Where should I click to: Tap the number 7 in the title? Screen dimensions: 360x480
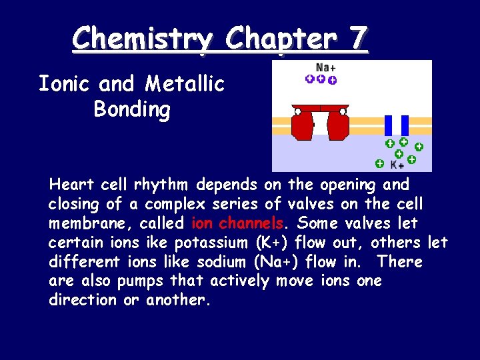[357, 38]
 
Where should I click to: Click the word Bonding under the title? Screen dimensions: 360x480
[132, 108]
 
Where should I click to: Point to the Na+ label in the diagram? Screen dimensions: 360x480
[325, 67]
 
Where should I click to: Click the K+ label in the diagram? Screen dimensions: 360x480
[397, 164]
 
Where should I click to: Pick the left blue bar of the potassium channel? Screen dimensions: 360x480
[389, 125]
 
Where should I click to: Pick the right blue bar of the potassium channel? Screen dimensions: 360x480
[405, 125]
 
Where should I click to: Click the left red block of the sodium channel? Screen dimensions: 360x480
[303, 124]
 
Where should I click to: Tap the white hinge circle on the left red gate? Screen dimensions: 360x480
[298, 111]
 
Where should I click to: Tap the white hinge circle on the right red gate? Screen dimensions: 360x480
[343, 111]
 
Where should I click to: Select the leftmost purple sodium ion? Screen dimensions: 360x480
[310, 79]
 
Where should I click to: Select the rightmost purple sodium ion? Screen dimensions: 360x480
[333, 81]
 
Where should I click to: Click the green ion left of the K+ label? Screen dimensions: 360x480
[379, 163]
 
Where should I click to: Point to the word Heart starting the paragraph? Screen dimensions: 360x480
[72, 184]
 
